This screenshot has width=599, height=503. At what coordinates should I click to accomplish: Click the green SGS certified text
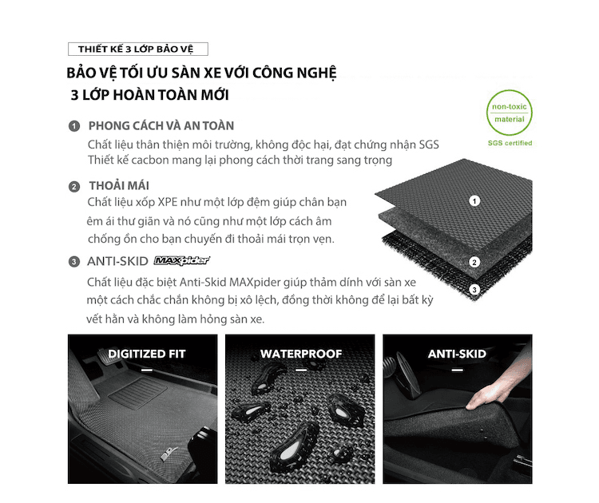click(510, 143)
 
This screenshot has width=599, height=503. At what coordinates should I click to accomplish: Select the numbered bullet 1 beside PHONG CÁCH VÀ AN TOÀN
click(74, 126)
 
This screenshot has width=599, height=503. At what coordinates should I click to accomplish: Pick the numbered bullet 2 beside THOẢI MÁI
click(74, 187)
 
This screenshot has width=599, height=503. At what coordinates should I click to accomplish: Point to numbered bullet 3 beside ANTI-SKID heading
click(74, 262)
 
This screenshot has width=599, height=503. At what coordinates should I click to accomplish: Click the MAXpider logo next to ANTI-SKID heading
click(182, 260)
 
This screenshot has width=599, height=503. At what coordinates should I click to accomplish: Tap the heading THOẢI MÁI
click(119, 186)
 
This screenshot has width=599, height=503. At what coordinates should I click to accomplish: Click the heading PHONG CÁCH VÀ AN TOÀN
click(161, 125)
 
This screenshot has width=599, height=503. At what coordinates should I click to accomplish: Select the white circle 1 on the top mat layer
click(474, 201)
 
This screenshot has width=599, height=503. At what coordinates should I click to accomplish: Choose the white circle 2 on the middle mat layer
click(474, 262)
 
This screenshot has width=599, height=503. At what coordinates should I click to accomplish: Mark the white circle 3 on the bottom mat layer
click(474, 290)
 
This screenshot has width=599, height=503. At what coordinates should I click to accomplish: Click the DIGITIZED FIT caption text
click(147, 354)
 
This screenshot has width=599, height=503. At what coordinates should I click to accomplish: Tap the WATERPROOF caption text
click(301, 354)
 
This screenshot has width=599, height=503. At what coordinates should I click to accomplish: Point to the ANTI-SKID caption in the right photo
click(457, 354)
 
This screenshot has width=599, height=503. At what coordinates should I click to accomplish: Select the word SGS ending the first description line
click(429, 145)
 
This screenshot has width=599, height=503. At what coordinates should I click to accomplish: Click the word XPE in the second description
click(168, 202)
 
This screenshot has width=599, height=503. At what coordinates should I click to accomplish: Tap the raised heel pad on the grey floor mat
click(138, 393)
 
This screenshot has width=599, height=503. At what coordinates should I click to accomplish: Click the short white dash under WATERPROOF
click(301, 370)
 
